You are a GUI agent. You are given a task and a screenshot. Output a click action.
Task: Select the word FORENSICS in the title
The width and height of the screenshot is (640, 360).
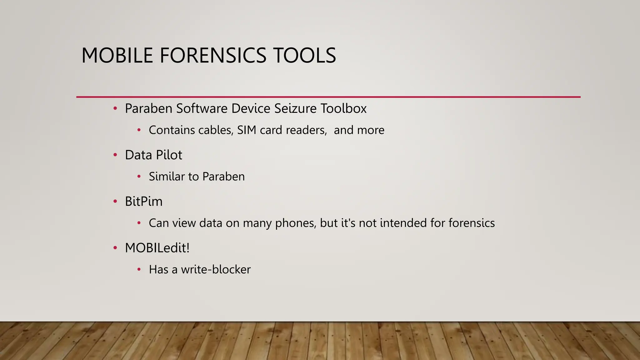(x=213, y=56)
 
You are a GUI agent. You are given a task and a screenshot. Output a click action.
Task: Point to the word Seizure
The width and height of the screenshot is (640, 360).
(x=295, y=108)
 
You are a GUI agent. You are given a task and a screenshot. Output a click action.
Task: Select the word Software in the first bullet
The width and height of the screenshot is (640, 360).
(x=202, y=108)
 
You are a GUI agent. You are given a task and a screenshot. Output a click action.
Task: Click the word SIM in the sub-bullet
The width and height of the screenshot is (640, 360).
(x=247, y=130)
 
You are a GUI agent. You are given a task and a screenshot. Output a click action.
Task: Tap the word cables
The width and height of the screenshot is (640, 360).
(x=216, y=130)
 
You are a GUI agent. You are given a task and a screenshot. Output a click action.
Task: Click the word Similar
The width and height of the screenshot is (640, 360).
(x=167, y=177)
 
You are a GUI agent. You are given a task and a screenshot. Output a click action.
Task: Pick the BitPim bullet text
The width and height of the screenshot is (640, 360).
(x=144, y=202)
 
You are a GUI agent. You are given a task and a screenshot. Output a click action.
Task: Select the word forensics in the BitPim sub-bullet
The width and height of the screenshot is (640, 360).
(x=472, y=223)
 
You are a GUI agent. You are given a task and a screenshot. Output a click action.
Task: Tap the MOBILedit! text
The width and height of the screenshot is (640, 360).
(x=157, y=248)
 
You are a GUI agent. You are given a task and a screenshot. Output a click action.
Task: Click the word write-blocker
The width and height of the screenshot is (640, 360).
(x=216, y=270)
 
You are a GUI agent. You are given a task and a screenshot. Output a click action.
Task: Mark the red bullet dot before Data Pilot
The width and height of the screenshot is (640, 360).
(x=115, y=155)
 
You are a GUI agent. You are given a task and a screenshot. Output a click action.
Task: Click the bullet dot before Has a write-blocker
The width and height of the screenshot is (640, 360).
(x=139, y=269)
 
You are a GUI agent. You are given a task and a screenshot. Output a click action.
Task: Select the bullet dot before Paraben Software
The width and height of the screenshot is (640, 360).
(x=115, y=108)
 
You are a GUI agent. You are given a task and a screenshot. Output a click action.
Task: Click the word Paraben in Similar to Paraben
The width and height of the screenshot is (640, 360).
(x=223, y=177)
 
